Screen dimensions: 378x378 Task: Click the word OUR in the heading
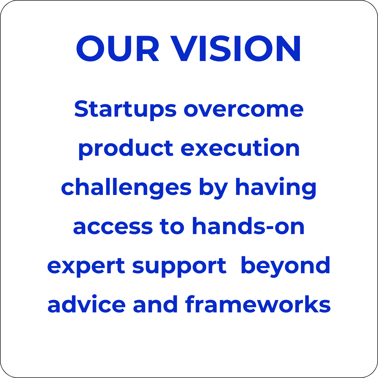click(117, 48)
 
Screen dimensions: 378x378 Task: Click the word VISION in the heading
click(235, 48)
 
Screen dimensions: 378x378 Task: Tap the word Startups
click(125, 110)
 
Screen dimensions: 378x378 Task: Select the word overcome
click(244, 110)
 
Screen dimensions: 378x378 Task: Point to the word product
click(126, 149)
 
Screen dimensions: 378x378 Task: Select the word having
click(276, 188)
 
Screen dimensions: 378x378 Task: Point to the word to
click(172, 226)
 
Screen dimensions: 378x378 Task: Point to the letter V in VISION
click(184, 48)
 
